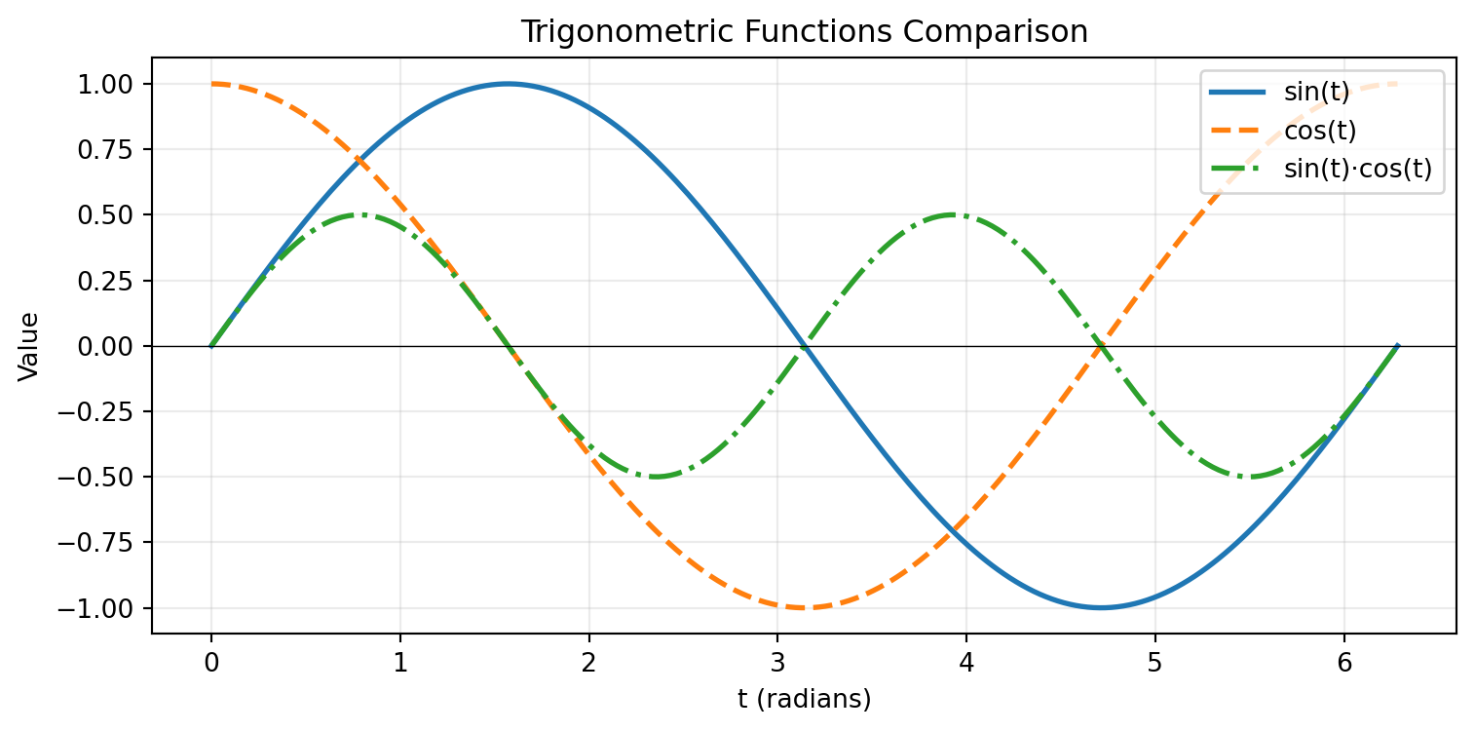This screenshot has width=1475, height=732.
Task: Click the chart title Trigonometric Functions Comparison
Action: pyautogui.click(x=804, y=32)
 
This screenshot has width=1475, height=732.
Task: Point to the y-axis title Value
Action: pyautogui.click(x=30, y=346)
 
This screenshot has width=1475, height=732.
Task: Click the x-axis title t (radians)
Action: pyautogui.click(x=804, y=699)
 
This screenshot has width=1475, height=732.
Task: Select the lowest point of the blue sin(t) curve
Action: pyautogui.click(x=1101, y=608)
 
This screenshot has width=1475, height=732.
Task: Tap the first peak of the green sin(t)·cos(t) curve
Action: pyautogui.click(x=359, y=214)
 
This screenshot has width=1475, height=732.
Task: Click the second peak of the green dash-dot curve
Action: pyautogui.click(x=952, y=214)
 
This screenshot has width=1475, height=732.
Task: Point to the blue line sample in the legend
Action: pyautogui.click(x=1237, y=94)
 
